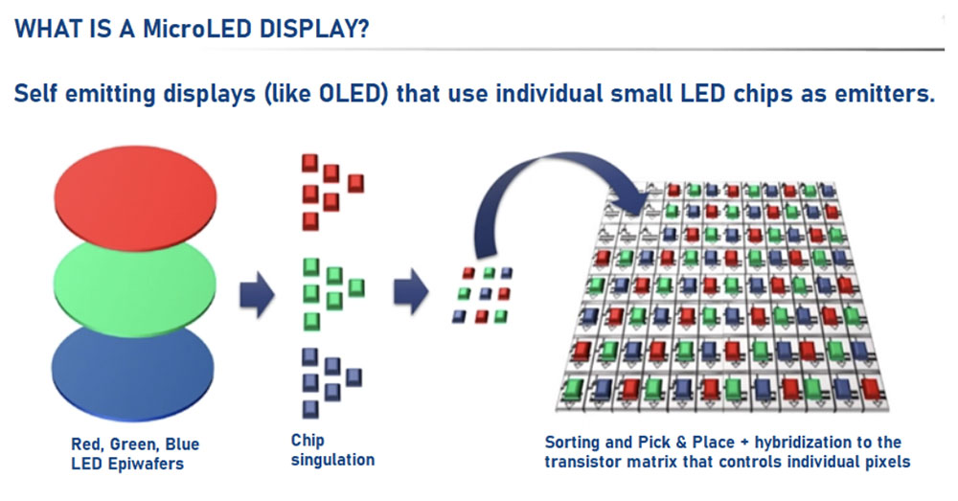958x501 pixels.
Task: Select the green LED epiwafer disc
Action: pos(135,287)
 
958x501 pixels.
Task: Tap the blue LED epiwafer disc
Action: pos(133,373)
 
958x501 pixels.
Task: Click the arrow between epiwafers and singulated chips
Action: pos(257,295)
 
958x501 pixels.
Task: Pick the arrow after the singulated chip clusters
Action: pos(411,291)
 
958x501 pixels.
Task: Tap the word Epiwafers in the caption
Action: pos(145,464)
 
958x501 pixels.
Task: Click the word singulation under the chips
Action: pos(332,460)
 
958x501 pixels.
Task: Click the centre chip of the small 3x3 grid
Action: pos(485,294)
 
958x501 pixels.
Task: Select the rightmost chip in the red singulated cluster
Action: pos(355,183)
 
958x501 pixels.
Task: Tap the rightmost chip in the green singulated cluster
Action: pos(356,287)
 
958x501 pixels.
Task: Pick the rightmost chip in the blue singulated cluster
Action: pos(354,377)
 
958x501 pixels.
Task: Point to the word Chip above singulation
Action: pos(308,441)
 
